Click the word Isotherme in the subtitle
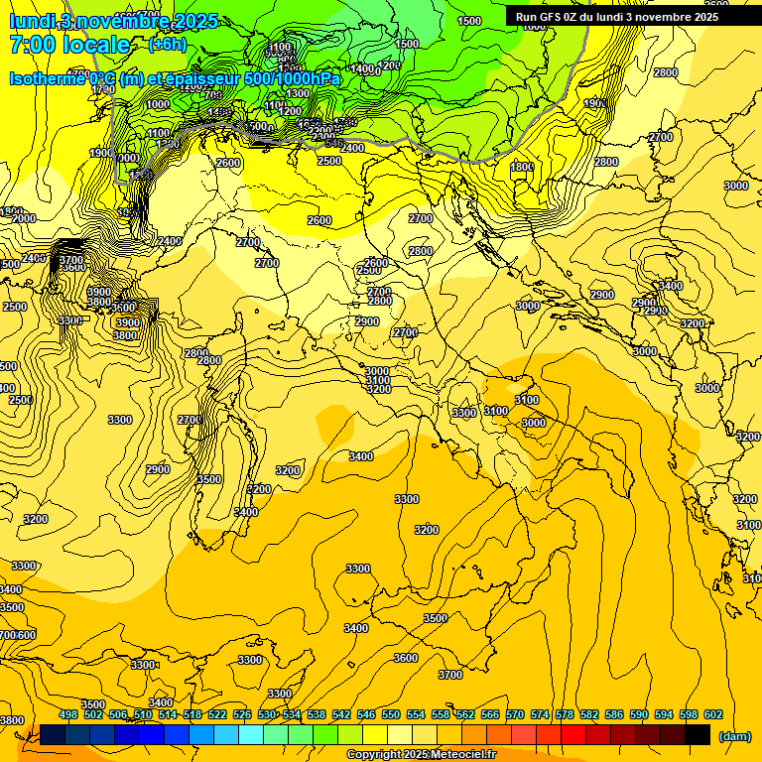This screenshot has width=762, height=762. pos(48,78)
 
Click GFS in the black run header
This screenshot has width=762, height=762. pos(551,17)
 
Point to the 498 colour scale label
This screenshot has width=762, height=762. pos(68,714)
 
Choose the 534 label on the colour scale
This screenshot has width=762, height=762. pos(292,714)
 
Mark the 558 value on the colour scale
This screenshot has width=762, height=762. pos(441,714)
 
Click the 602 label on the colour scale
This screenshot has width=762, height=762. pos(713,714)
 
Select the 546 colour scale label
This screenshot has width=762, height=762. pos(366,714)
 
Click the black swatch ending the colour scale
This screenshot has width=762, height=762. pos(698,734)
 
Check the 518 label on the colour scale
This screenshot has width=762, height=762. pos(192,714)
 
